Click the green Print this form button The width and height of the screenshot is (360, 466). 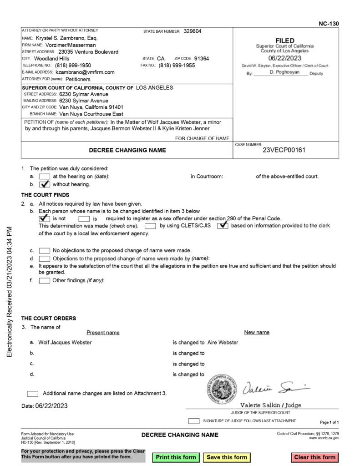[176, 457]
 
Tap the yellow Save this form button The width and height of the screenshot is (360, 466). [227, 457]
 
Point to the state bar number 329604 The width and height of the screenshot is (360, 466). [193, 31]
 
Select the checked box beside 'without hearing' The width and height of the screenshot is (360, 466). [45, 184]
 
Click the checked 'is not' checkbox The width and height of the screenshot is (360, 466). [45, 218]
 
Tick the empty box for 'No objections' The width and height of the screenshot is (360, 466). [45, 250]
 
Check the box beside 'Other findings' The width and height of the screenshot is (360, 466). [45, 280]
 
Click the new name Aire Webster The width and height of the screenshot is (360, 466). [223, 342]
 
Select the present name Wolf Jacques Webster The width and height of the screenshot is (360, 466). [65, 342]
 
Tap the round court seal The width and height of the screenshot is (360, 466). [220, 390]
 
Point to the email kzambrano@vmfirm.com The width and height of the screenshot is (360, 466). [85, 72]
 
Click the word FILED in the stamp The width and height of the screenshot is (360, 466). [284, 41]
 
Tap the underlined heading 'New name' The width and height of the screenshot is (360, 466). [257, 332]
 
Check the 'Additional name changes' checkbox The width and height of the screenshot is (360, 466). [33, 394]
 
